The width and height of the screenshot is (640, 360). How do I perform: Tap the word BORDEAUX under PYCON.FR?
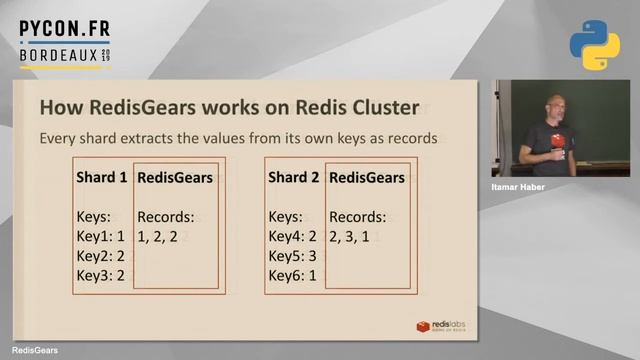coord(59,56)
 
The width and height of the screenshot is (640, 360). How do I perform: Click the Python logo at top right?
coord(594,45)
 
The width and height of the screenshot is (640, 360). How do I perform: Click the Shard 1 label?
coord(102,178)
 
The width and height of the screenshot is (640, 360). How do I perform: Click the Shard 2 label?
coord(294,178)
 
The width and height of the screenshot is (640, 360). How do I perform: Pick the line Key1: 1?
coord(100,237)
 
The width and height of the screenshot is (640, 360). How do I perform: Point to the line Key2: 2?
coord(100,256)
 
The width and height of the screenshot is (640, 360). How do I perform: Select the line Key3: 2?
coord(100,276)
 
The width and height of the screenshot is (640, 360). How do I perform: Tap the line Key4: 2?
coord(293,237)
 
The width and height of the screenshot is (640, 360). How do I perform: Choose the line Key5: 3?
coord(293,256)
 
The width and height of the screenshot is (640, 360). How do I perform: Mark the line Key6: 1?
coord(293,276)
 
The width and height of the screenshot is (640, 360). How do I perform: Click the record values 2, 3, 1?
coord(355,237)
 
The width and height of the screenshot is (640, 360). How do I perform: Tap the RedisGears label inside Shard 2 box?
coord(367,178)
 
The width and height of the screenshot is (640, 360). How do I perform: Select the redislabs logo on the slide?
coord(441,326)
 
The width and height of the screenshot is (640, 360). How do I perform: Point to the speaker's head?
coord(554,105)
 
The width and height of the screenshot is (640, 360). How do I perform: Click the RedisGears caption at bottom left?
coord(34,351)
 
